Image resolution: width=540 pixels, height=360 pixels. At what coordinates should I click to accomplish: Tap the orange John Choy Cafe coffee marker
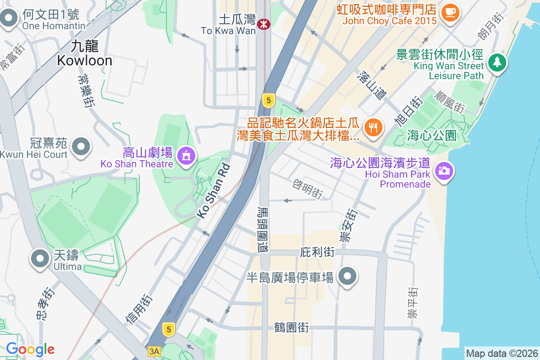tap(450, 12)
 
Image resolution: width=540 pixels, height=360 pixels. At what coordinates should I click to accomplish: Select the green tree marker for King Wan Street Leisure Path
tap(496, 62)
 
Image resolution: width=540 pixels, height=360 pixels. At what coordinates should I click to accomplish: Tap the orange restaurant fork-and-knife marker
tap(373, 128)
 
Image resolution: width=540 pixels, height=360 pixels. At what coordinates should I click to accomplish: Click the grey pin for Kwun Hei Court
tap(81, 146)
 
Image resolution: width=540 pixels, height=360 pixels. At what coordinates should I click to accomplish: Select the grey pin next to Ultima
tap(40, 259)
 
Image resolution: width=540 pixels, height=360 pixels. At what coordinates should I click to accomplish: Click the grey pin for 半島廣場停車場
tap(347, 276)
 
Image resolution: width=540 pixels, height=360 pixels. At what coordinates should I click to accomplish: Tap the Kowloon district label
tap(85, 54)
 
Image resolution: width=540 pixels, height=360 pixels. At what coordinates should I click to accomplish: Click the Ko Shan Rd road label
tap(214, 191)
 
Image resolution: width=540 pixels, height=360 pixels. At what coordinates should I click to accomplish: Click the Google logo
tap(30, 349)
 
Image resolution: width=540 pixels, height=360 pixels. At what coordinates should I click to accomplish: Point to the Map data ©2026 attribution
tap(501, 354)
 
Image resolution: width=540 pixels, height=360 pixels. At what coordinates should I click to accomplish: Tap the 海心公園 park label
tap(432, 135)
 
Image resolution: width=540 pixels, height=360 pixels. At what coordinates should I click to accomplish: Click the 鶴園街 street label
tap(291, 327)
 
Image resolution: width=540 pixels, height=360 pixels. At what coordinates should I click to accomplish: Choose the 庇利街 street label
tap(317, 252)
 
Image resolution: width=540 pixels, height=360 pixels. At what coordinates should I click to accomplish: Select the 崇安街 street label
tap(348, 225)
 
